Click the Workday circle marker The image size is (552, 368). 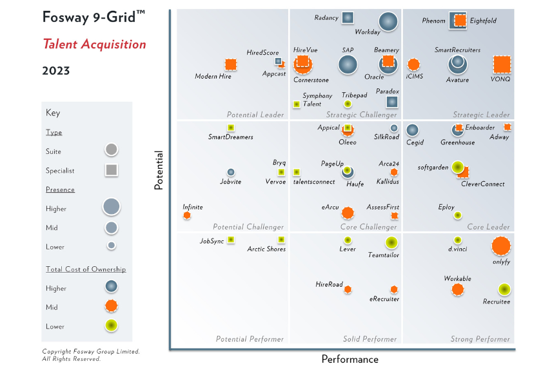(x=388, y=21)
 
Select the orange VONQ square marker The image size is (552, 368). (x=502, y=64)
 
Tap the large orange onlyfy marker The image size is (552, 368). (x=501, y=246)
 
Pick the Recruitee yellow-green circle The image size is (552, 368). (x=504, y=290)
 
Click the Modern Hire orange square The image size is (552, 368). (x=230, y=64)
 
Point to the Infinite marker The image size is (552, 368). (x=187, y=215)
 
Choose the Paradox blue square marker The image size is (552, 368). (x=391, y=102)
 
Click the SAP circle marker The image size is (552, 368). (x=348, y=64)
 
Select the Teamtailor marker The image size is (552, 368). (x=391, y=242)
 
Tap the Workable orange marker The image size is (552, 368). (x=457, y=289)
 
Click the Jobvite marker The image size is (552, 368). (x=231, y=172)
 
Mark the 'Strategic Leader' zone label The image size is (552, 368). (x=481, y=115)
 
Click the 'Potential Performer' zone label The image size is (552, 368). (x=250, y=339)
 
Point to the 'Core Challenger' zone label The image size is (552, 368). (x=369, y=227)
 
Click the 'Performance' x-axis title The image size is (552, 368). (x=350, y=359)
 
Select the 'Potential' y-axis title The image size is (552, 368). (x=158, y=170)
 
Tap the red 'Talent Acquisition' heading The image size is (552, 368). (x=94, y=44)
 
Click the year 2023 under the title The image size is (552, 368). (x=56, y=71)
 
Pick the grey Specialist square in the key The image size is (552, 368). (x=111, y=170)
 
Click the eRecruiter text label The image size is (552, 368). (x=384, y=299)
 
